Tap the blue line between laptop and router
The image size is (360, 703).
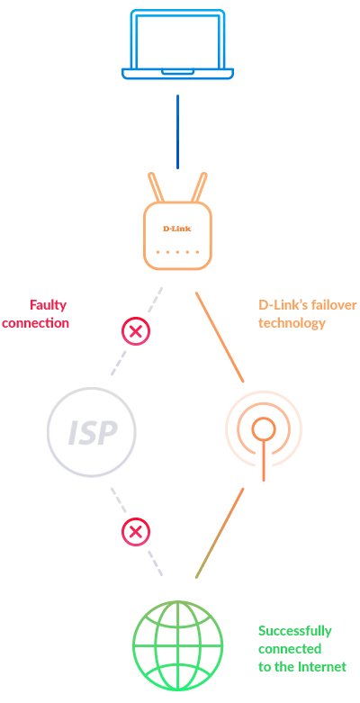click(x=177, y=131)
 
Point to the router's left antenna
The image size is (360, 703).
click(x=158, y=188)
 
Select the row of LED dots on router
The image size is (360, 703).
click(x=176, y=252)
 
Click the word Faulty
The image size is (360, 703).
click(x=49, y=305)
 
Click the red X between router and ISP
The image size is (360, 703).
click(x=136, y=332)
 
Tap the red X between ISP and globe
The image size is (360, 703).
click(x=136, y=532)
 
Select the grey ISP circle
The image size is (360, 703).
click(x=92, y=433)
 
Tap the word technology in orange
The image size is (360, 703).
click(x=292, y=323)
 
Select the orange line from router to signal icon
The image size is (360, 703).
click(x=220, y=336)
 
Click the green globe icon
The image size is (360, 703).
click(x=176, y=645)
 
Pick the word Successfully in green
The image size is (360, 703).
click(x=295, y=630)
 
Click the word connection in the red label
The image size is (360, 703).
click(x=36, y=323)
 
